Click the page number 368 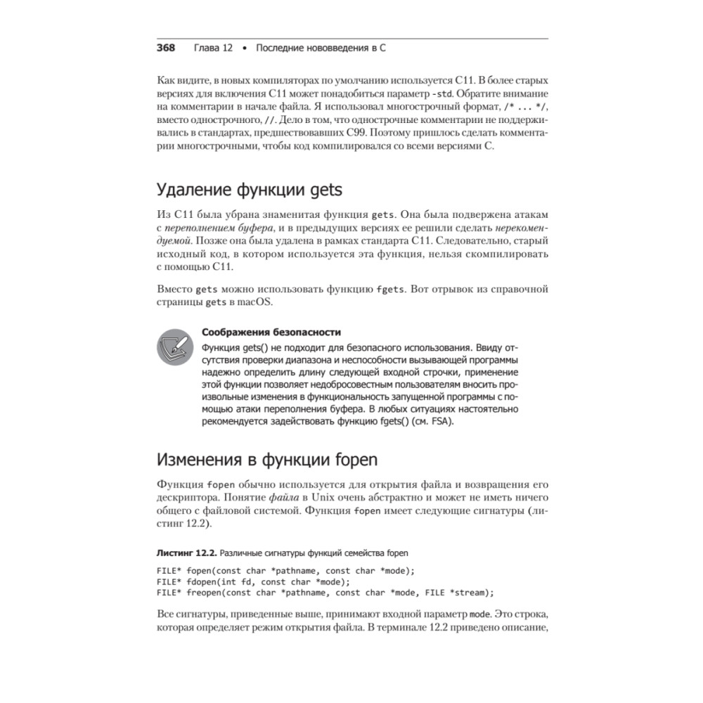165,49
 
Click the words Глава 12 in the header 212,49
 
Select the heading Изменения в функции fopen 266,460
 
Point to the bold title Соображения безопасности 271,333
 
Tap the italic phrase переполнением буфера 214,229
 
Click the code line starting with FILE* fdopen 253,581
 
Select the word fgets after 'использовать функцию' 390,289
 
